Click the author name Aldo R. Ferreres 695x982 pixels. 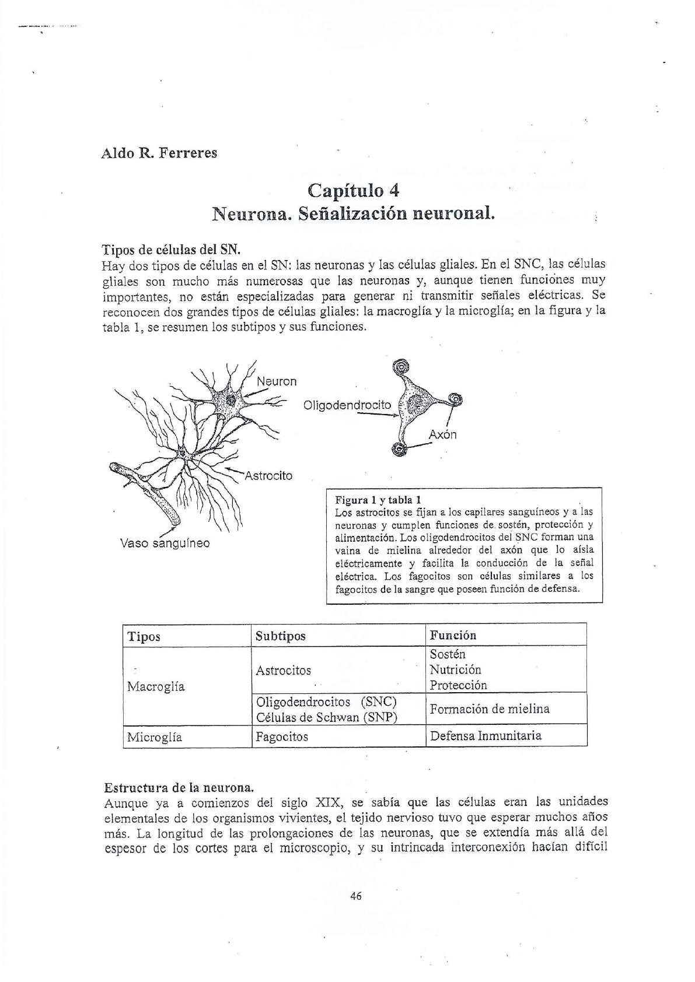[x=159, y=153]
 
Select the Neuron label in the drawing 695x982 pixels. [x=277, y=381]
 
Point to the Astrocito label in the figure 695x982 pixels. [x=268, y=476]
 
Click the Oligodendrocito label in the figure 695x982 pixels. [x=347, y=405]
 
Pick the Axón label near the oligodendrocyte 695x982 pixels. [x=442, y=434]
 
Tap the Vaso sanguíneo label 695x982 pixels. [x=165, y=543]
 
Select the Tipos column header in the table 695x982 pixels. [x=144, y=636]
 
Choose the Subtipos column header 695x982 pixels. [x=280, y=636]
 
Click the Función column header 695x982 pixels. [x=453, y=635]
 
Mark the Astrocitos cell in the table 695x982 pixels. [x=283, y=671]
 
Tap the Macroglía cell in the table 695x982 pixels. [x=156, y=686]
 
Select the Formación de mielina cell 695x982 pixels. [x=490, y=709]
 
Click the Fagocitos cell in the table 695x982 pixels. [x=282, y=737]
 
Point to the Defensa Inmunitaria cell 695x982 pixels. [x=486, y=735]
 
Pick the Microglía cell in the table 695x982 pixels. [x=155, y=737]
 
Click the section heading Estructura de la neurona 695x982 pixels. [x=179, y=788]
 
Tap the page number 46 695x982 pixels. [x=356, y=896]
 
